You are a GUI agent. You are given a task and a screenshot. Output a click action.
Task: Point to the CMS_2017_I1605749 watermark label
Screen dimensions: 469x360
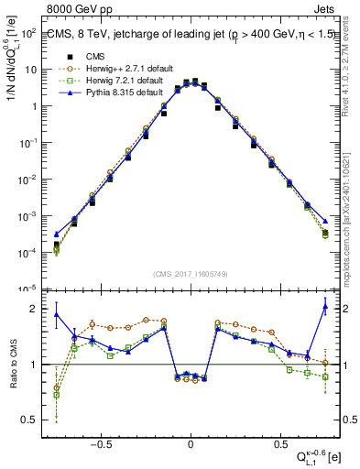click(x=190, y=273)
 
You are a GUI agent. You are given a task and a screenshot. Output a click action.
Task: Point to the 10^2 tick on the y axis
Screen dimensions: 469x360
click(x=28, y=32)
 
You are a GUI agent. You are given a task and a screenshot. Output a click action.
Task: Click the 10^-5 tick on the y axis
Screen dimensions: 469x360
click(x=27, y=289)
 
